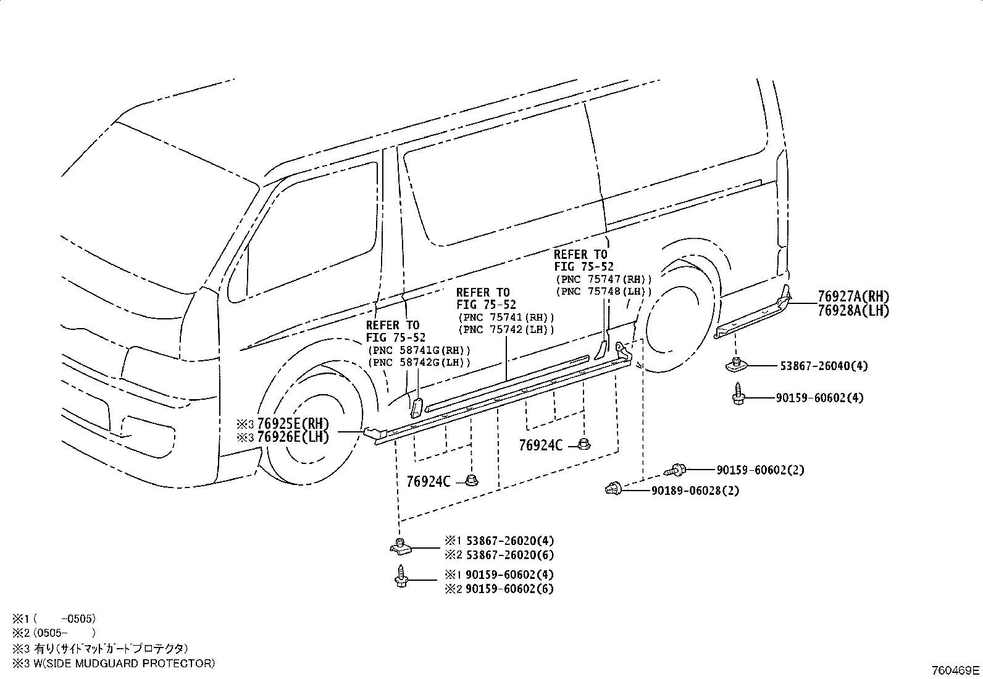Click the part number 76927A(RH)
point(853,297)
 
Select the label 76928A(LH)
point(853,311)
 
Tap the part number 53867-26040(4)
point(824,366)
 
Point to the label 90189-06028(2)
point(695,491)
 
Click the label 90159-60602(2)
point(761,470)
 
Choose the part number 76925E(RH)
point(293,423)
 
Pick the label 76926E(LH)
point(293,437)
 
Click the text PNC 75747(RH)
point(603,279)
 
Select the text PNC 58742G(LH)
point(419,362)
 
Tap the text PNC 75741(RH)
point(506,317)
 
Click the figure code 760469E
point(955,670)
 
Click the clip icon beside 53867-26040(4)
point(735,365)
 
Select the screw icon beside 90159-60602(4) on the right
point(738,394)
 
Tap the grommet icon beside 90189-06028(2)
point(613,488)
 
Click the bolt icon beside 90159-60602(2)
point(675,470)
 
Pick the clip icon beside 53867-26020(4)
point(400,546)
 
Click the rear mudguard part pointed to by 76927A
point(753,315)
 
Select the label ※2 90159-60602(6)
point(500,589)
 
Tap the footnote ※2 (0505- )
point(54,633)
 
